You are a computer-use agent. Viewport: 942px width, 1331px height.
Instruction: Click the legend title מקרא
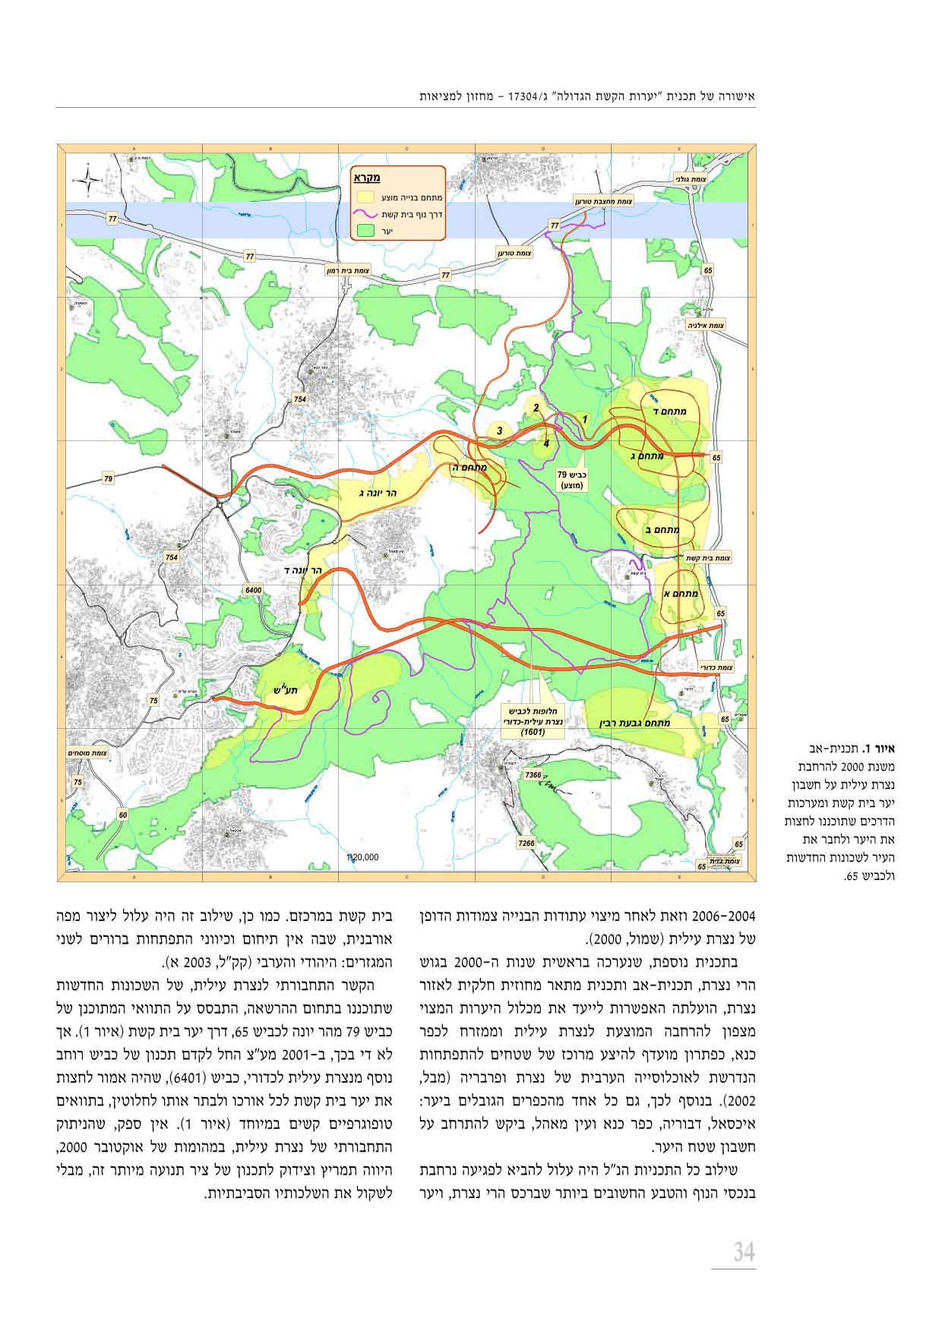pos(366,178)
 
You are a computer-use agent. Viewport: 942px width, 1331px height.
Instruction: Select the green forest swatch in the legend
pos(366,230)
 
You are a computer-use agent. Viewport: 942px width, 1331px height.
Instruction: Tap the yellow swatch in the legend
pos(366,197)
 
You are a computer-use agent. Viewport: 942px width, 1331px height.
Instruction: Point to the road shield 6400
pos(253,590)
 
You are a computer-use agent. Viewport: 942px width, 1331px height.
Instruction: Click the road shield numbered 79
pos(108,478)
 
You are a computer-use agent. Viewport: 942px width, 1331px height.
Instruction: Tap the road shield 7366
pos(533,775)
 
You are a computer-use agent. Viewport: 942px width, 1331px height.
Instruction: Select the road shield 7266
pos(526,843)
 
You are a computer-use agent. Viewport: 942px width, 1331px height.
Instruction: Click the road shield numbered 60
pos(123,815)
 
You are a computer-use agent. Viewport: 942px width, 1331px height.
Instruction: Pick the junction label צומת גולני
pos(691,179)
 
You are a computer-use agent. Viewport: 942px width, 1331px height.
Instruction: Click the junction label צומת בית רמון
pos(348,270)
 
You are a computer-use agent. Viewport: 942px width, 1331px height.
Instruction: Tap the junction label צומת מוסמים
pos(87,753)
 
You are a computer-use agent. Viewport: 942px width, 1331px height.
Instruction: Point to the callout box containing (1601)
pos(533,721)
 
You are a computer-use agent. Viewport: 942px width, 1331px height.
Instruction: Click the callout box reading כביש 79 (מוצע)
pos(571,479)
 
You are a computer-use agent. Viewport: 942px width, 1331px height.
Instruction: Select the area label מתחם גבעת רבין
pos(635,723)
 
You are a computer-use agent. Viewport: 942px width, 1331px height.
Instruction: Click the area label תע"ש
pos(286,689)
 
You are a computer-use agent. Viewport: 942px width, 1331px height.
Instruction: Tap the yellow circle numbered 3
pos(499,431)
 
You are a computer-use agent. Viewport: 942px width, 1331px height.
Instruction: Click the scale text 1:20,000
pos(362,857)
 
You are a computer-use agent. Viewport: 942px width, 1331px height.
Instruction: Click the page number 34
pos(743,1251)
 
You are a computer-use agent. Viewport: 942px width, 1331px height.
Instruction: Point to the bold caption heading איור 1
pos(880,748)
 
